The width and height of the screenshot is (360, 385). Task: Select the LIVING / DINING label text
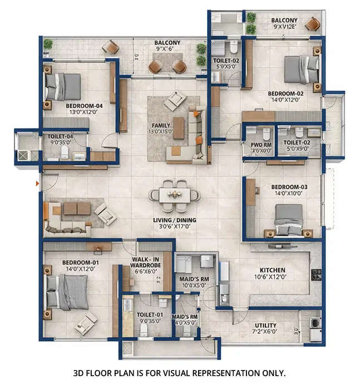pyautogui.click(x=175, y=221)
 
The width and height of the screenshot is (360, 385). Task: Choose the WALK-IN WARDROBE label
pyautogui.click(x=147, y=262)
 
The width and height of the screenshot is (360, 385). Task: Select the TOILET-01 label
pyautogui.click(x=149, y=314)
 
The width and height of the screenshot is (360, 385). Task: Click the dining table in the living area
pyautogui.click(x=175, y=195)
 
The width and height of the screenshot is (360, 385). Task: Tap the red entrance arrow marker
pyautogui.click(x=37, y=183)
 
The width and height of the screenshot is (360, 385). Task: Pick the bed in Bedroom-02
pyautogui.click(x=301, y=71)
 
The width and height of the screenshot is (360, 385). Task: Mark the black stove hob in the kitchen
pyautogui.click(x=317, y=274)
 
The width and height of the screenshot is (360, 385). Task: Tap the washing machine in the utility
pyautogui.click(x=314, y=323)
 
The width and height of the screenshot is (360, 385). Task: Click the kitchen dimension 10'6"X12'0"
pyautogui.click(x=270, y=277)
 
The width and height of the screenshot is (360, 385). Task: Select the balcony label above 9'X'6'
pyautogui.click(x=167, y=42)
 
